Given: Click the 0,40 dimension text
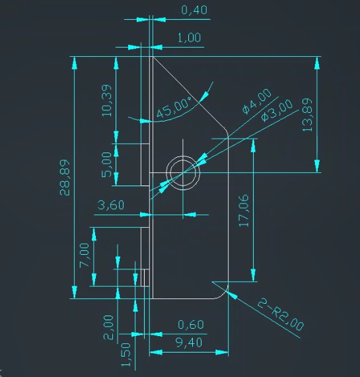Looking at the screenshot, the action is click(194, 10).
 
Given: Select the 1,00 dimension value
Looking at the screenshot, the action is click(189, 38).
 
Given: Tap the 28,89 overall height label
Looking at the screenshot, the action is click(65, 178).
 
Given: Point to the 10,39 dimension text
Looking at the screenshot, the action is click(106, 100).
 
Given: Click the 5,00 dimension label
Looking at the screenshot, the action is click(106, 164).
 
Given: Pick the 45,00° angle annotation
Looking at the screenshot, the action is click(174, 108).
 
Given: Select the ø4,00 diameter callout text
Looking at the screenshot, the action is click(256, 101).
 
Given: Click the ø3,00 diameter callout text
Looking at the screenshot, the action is click(277, 110).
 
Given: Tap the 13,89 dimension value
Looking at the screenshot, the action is click(307, 115).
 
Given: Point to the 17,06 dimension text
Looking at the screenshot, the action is click(244, 211).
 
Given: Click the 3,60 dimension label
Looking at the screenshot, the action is click(111, 205).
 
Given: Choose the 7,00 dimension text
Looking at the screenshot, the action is click(85, 255).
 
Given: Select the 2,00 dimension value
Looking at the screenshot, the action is click(108, 327).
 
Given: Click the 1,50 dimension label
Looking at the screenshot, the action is click(126, 355).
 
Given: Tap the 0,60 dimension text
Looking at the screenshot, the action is click(191, 325).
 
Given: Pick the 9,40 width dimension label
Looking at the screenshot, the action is click(189, 343).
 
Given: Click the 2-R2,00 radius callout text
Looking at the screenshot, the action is click(281, 315).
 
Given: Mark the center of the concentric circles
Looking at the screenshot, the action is click(183, 172).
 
